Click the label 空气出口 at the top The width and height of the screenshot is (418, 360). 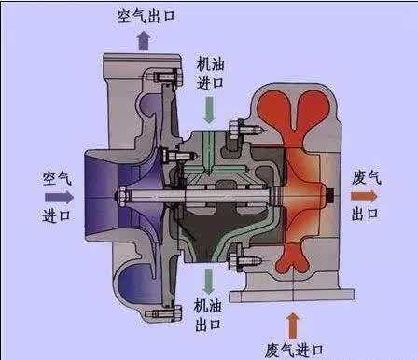click(x=146, y=16)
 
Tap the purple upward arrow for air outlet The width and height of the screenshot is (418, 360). click(x=144, y=40)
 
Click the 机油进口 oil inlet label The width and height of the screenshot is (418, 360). click(x=210, y=74)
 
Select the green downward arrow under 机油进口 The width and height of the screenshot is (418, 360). click(x=209, y=110)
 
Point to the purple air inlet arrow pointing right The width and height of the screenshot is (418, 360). click(x=59, y=198)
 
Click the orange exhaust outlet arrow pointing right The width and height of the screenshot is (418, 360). click(x=364, y=196)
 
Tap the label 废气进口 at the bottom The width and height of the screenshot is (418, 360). click(x=294, y=351)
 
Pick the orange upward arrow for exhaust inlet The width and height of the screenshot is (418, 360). click(x=292, y=325)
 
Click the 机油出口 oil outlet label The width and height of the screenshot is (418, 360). click(x=208, y=314)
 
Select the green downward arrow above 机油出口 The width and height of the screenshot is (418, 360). click(x=208, y=281)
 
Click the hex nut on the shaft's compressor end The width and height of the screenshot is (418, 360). click(x=122, y=196)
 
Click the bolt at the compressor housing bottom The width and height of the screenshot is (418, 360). click(x=164, y=313)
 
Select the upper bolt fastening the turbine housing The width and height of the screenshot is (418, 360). click(x=245, y=130)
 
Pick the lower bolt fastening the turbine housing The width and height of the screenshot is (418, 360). click(x=245, y=258)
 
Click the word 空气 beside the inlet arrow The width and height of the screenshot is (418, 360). click(x=57, y=178)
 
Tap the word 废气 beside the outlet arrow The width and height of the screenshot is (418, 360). click(x=367, y=178)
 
